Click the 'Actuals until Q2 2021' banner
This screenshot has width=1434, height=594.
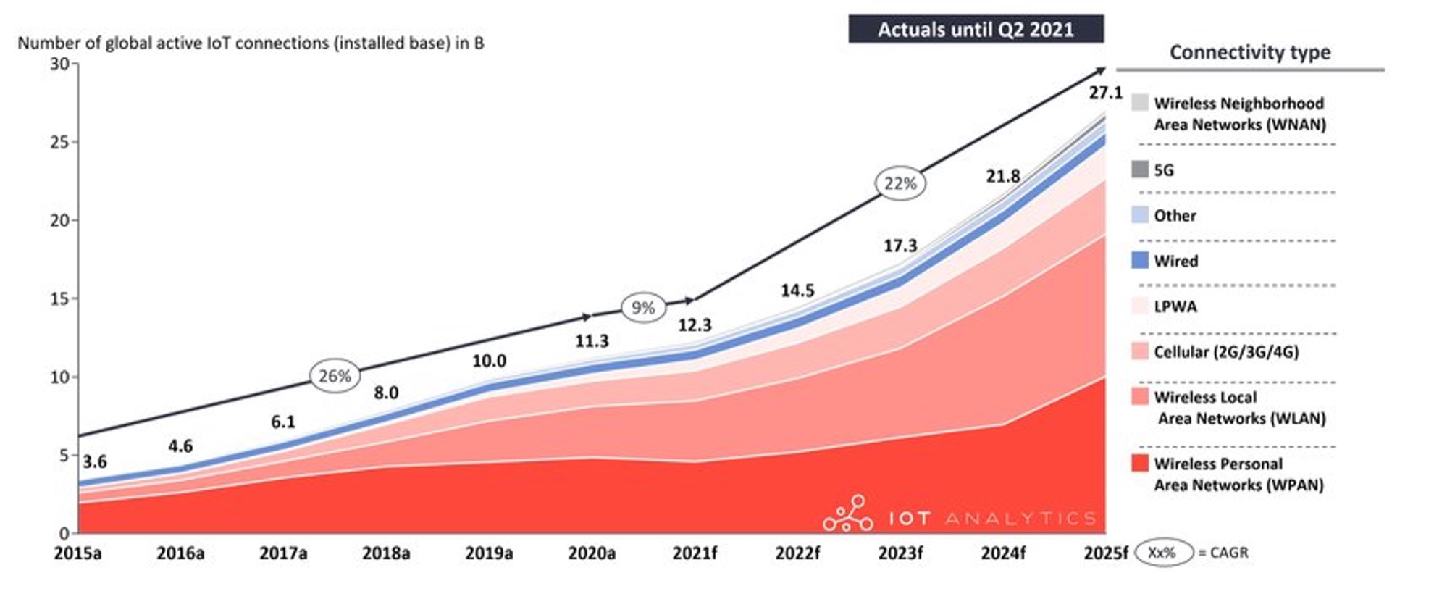976,30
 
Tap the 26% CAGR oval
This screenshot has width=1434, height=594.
335,376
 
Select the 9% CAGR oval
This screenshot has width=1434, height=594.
643,308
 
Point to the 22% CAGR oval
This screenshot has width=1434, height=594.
900,184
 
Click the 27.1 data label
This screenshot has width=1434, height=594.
1105,93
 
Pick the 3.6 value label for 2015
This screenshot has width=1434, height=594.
95,461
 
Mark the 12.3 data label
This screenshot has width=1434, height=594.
695,325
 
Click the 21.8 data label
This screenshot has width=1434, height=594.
1003,176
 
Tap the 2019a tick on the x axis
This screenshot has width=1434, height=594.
489,553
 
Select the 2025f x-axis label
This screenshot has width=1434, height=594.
1105,553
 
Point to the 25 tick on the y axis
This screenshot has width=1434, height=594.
60,142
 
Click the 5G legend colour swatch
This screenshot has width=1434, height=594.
1140,170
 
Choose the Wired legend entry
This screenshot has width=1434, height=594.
1175,261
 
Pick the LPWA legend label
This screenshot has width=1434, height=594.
1175,306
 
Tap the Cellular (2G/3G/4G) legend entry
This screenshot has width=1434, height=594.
1225,352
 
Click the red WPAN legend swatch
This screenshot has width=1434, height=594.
1140,463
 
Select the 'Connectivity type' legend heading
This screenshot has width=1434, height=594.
1250,52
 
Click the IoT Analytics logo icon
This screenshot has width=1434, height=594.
848,514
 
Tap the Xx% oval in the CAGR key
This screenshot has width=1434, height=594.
1162,553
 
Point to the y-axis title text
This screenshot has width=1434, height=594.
251,43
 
